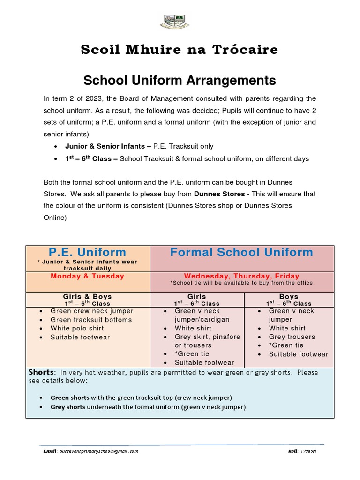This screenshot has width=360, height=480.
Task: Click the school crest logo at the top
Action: point(174,22)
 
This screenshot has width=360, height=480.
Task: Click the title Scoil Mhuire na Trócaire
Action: point(180,50)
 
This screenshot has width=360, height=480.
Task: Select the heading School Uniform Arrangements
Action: point(180,81)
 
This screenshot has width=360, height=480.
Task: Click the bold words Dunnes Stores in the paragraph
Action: point(219,194)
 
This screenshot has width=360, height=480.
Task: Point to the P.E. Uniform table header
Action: point(88,252)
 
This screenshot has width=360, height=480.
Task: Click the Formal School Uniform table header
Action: point(241,252)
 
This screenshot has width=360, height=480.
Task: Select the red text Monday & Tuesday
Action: point(88,276)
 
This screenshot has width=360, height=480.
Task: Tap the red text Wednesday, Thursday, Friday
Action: point(241,276)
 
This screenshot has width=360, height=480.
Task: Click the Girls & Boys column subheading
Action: point(88,297)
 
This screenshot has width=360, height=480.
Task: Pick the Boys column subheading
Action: point(289,297)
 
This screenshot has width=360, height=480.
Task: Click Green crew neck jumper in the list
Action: point(92,311)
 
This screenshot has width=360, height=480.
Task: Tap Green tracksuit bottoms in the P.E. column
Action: point(91,320)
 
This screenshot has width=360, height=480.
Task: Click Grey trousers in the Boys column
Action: point(292,337)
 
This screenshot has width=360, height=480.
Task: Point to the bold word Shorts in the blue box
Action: point(41,372)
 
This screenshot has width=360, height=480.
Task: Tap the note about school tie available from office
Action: point(241,283)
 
